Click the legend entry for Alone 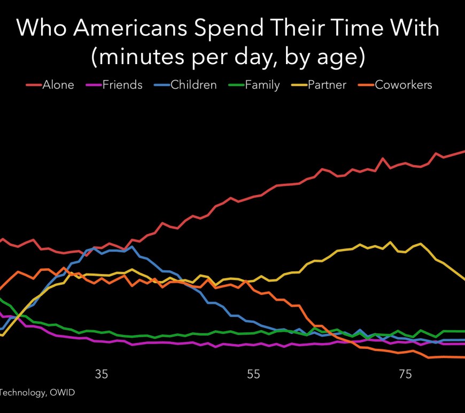(x=58, y=85)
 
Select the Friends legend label (x=122, y=85)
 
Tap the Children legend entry (x=193, y=85)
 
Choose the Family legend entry (x=262, y=85)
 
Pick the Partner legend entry (x=327, y=85)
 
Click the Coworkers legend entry (x=403, y=85)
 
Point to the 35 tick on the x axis (x=102, y=374)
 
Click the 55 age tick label (x=254, y=374)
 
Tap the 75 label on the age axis (x=406, y=374)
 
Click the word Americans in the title (x=131, y=28)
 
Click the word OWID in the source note (x=63, y=393)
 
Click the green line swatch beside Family (x=236, y=85)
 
